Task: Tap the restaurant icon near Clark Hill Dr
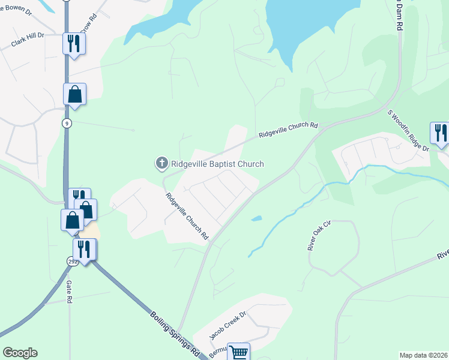(74, 43)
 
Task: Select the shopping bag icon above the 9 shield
(74, 94)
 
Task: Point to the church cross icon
(161, 163)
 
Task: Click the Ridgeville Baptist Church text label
(217, 164)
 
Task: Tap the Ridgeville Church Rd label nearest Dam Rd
(288, 130)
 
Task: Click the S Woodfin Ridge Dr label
(408, 130)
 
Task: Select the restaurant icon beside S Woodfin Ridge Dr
(441, 133)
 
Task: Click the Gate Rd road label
(70, 292)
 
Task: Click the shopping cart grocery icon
(238, 352)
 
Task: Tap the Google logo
(20, 353)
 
